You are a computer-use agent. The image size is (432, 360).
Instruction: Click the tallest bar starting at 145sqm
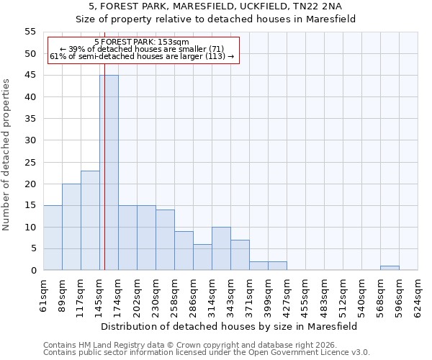point(109,173)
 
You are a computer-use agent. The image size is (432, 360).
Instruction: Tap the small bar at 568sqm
point(390,268)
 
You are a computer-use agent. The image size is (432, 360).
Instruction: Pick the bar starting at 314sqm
point(221,248)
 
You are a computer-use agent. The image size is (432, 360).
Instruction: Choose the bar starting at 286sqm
point(202,257)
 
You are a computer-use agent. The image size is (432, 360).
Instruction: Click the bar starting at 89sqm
point(71,227)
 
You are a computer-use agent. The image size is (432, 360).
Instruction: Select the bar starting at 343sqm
point(240,255)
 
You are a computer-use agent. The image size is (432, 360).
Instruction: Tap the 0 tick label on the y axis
point(32,271)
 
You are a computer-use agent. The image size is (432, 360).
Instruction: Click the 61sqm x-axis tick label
point(44,292)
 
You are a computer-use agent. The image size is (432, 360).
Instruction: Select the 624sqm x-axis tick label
point(418,292)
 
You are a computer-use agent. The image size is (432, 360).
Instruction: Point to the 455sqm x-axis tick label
point(306,292)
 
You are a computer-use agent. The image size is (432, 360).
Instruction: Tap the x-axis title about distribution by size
point(230,326)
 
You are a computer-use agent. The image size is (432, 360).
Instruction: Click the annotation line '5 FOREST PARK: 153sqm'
point(142,42)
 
